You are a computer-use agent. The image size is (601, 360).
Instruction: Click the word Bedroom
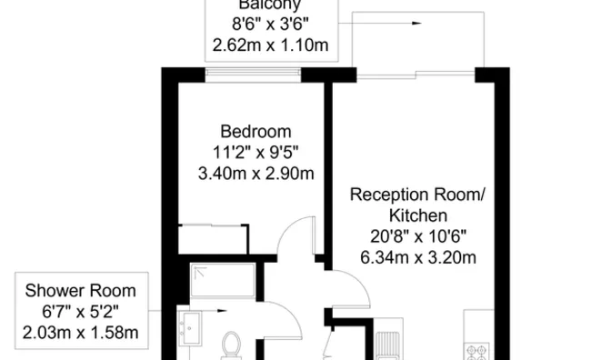click(x=255, y=132)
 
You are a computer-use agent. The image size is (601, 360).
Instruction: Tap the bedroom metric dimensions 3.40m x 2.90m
click(x=256, y=174)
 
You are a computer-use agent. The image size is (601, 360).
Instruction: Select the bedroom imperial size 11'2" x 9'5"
click(x=255, y=153)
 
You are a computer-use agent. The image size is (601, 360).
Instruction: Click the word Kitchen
click(x=418, y=215)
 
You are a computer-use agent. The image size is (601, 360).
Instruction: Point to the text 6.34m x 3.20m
click(x=418, y=257)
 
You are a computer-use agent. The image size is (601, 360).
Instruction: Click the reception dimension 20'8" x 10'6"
click(x=418, y=236)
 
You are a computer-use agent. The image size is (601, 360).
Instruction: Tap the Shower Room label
click(x=81, y=291)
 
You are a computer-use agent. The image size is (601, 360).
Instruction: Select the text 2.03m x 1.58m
click(x=81, y=333)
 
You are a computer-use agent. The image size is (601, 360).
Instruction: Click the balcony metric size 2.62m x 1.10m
click(x=271, y=45)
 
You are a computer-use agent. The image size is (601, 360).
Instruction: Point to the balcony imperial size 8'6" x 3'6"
click(x=271, y=25)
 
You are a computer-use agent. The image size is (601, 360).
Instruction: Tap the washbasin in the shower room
click(x=190, y=328)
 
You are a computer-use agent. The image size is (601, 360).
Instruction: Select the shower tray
click(x=223, y=280)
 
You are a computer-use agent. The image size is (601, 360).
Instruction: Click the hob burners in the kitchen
click(x=476, y=353)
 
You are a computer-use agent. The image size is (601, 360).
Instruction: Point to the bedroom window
click(x=253, y=75)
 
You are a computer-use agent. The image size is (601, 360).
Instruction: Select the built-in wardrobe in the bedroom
click(x=214, y=239)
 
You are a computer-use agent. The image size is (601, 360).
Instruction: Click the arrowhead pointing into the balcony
click(x=416, y=24)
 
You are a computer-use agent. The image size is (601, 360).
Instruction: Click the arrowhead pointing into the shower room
click(x=223, y=311)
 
